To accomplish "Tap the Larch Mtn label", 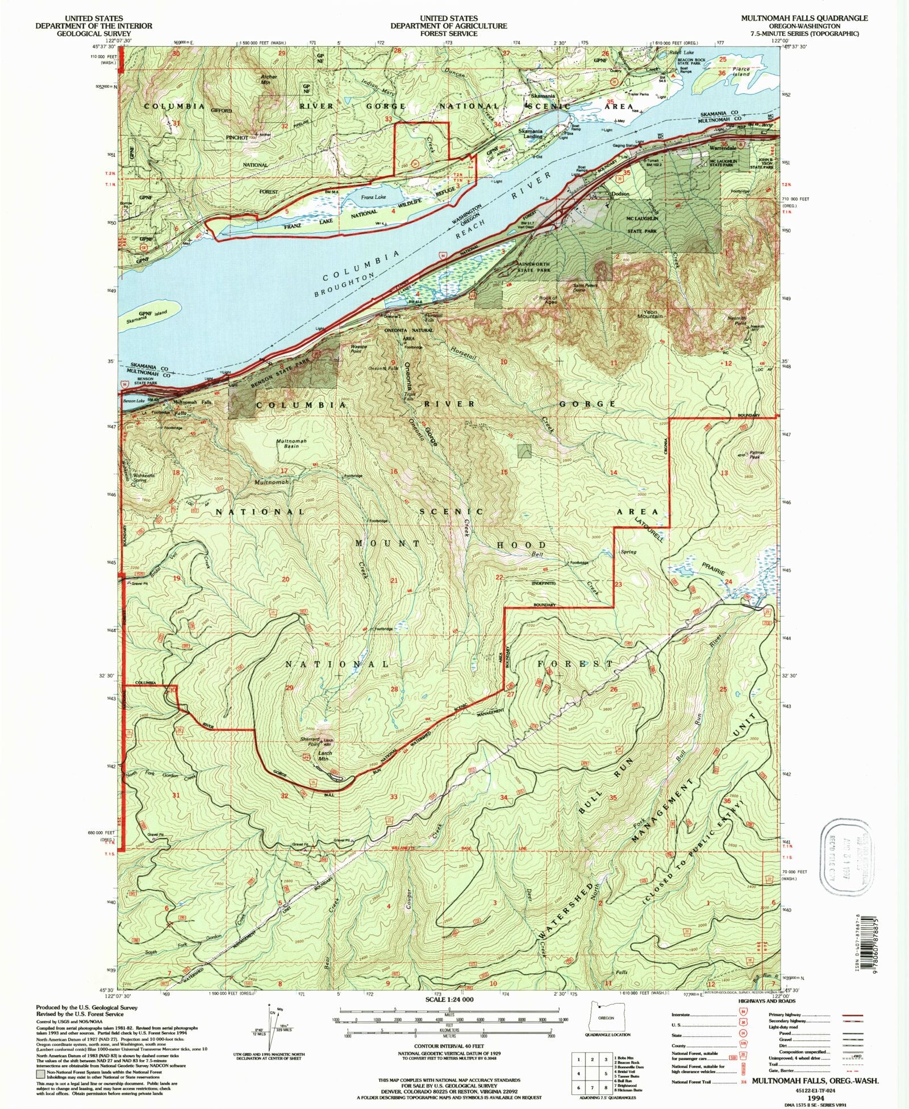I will (x=325, y=756).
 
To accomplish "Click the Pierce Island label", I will (x=741, y=71).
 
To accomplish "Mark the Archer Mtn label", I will (x=268, y=79).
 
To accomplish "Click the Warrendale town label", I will (x=723, y=148).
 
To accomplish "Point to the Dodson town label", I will (x=620, y=194).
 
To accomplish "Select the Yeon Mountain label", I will (x=649, y=314).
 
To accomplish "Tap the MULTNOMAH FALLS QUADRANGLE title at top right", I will (x=803, y=18).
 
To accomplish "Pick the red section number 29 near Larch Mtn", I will (x=289, y=688).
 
